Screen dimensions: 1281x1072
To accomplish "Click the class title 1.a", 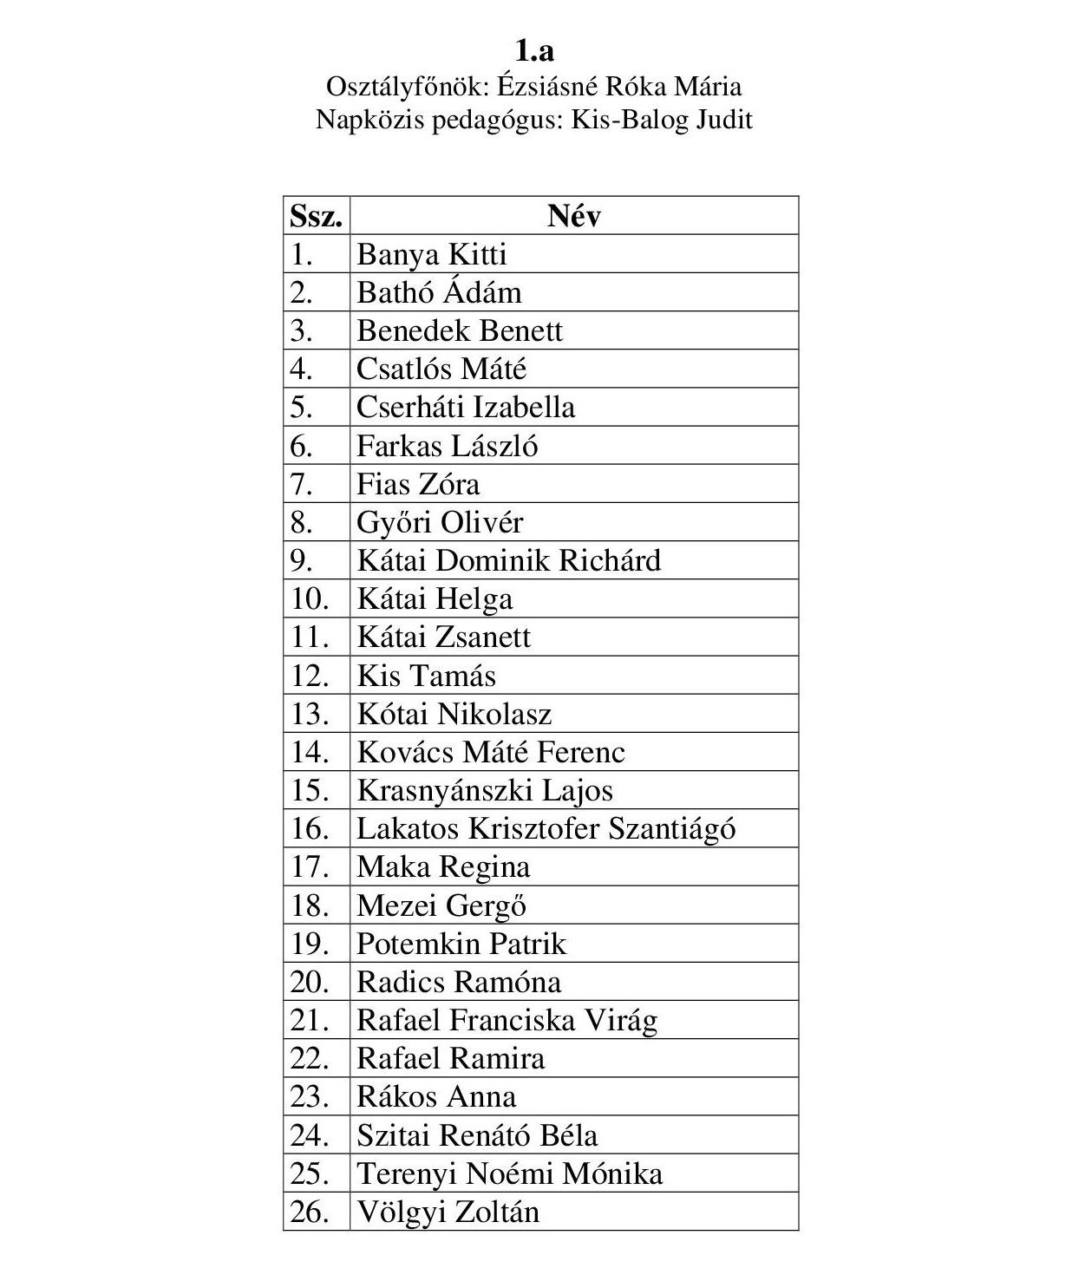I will click(x=534, y=49).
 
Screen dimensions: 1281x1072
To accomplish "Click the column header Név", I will click(x=574, y=216).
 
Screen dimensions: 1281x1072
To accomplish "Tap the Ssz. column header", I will click(x=316, y=216).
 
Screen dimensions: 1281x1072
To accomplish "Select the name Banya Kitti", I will click(x=431, y=255).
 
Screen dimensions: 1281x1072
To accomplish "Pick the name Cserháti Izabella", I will click(x=466, y=408).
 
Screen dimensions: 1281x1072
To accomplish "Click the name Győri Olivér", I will click(x=440, y=523).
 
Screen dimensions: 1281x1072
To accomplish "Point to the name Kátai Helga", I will click(x=435, y=599).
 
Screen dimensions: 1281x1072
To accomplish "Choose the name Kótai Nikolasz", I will click(x=454, y=714).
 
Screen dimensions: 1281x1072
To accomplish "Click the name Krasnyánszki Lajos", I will click(x=485, y=791).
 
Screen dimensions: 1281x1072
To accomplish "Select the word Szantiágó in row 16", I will click(x=671, y=829).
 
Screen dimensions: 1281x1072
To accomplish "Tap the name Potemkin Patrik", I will click(x=461, y=944).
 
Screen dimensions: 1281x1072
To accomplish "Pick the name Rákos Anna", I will click(x=436, y=1097).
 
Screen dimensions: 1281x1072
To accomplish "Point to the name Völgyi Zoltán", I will click(x=448, y=1212).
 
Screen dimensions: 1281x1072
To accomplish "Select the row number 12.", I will click(x=310, y=676).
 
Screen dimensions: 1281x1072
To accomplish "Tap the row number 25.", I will click(x=310, y=1173).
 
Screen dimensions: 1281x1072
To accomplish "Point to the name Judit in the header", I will click(x=723, y=119).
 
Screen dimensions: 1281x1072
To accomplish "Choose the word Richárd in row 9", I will click(x=609, y=561).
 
